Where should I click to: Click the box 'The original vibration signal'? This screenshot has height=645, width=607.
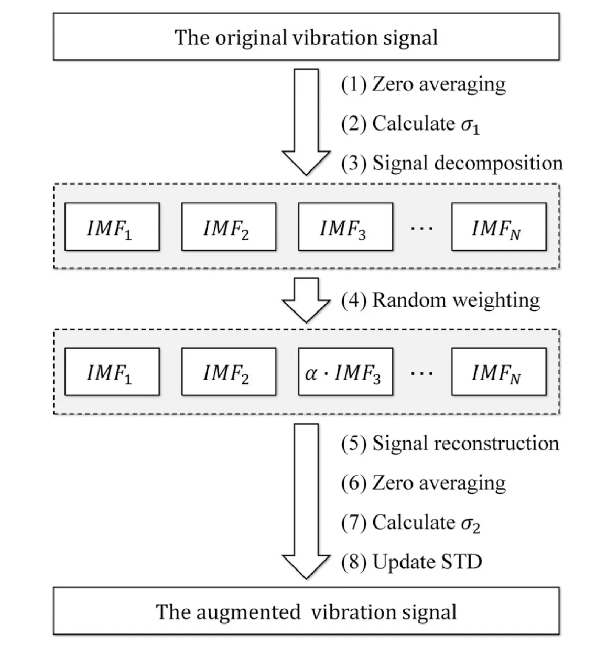pos(306,37)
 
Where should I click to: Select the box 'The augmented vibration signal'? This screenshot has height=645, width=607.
pos(306,611)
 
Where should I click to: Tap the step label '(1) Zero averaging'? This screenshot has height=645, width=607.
pos(423,84)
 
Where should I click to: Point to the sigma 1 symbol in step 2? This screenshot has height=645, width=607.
pos(470,125)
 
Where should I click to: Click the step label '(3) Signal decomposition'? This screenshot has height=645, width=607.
pos(452,163)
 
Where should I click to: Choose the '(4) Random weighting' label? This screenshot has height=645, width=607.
pos(440,300)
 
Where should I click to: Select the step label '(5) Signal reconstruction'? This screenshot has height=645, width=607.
pos(450,443)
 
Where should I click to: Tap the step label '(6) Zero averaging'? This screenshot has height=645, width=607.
pos(423,483)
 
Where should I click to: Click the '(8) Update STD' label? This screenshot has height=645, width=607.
pos(411,562)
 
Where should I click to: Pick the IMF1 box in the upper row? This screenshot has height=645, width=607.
pos(112,227)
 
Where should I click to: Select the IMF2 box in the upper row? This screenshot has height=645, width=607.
pos(229,227)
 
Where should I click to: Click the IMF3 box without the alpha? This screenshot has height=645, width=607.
pos(345,227)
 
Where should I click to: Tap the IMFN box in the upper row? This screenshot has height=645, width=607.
pos(499,227)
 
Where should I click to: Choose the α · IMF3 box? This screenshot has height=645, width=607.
pos(345,372)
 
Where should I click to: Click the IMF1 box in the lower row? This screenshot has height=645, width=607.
pos(112,372)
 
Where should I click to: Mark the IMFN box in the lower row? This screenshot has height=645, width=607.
pos(499,372)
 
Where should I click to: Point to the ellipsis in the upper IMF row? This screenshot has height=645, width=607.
pos(421,228)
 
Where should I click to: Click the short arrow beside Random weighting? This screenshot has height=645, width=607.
pos(306,300)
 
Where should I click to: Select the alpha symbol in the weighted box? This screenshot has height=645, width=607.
pos(310,373)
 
